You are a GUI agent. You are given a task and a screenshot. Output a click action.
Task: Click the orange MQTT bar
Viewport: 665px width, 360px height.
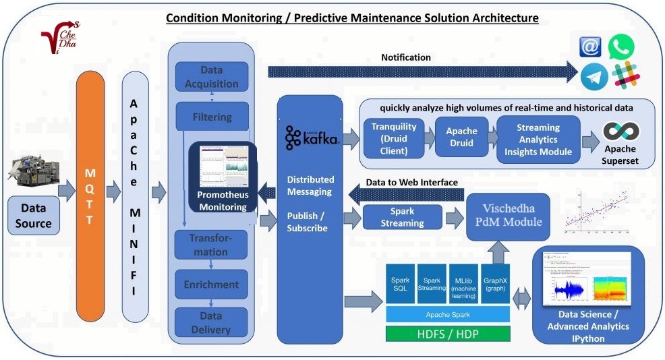pos(90,196)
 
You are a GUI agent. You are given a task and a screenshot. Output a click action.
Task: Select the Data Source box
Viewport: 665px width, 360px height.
pos(34,216)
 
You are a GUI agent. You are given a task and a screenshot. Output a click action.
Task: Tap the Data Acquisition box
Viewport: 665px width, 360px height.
pos(211,78)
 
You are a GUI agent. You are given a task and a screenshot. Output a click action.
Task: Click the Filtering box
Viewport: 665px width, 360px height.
pos(211,117)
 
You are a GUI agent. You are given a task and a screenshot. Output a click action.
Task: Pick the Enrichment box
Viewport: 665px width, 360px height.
pos(211,284)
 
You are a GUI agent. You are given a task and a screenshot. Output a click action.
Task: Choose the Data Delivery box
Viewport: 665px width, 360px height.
pos(211,323)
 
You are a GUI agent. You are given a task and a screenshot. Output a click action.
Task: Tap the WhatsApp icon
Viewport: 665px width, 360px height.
pos(620,47)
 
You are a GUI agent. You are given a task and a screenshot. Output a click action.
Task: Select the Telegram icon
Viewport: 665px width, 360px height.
pos(594,76)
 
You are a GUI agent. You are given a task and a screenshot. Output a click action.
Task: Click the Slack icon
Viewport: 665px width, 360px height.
pos(625,75)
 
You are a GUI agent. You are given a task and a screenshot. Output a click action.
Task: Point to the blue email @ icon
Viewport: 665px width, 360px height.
pos(591,47)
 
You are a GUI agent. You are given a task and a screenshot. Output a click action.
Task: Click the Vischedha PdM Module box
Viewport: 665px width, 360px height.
pos(508,216)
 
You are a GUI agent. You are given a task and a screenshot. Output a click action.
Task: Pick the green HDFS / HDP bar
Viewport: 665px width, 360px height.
pos(448,334)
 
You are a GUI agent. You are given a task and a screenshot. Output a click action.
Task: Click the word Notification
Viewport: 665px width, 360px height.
pos(405,57)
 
